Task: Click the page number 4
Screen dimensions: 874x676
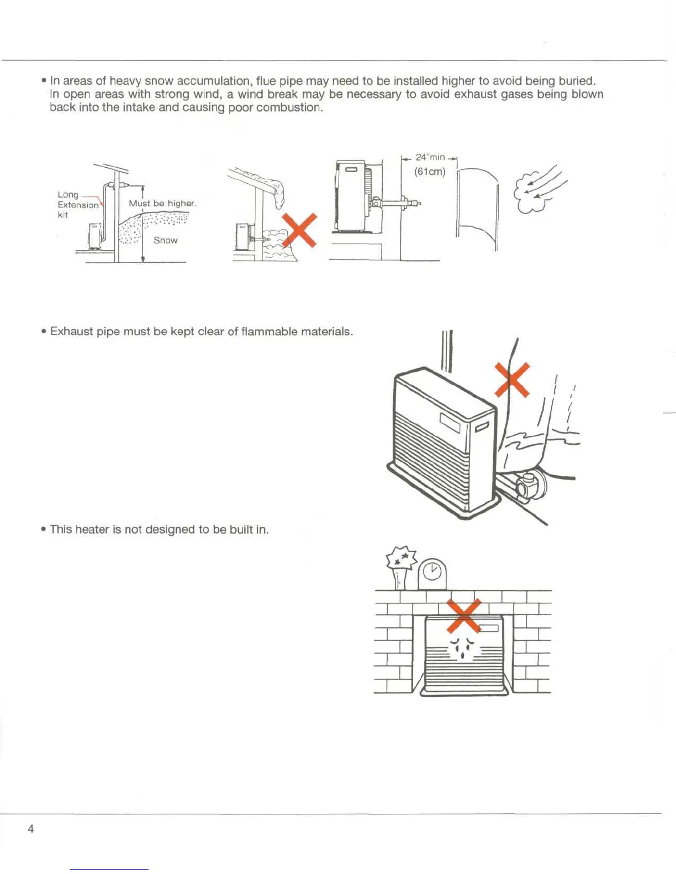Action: point(30,829)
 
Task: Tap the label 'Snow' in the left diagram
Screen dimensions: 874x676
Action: point(165,241)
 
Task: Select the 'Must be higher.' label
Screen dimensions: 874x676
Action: point(162,204)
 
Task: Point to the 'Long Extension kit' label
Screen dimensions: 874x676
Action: point(77,205)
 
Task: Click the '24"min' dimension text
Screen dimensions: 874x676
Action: point(430,157)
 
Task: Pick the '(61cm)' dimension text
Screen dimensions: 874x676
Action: point(430,172)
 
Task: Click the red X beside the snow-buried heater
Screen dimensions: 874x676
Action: point(299,230)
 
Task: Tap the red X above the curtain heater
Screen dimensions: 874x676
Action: point(512,380)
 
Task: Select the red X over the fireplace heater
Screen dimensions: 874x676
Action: point(463,616)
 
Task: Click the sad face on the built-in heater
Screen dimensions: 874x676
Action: point(462,647)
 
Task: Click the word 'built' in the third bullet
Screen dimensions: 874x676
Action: point(241,530)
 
